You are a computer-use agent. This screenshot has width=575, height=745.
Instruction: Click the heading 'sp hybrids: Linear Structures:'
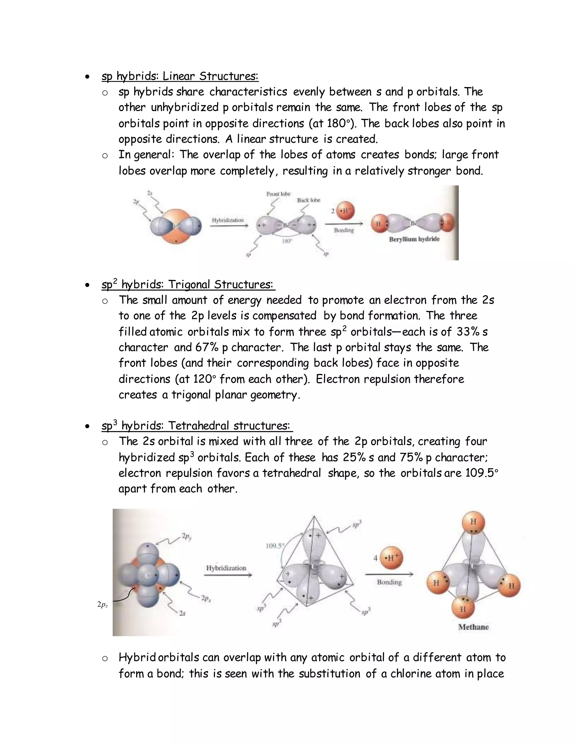[180, 76]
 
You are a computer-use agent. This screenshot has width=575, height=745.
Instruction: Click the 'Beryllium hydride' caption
[414, 239]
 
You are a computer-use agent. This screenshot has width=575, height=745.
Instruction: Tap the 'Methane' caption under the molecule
[473, 627]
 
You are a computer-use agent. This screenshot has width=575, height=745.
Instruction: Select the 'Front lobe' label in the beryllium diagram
[278, 194]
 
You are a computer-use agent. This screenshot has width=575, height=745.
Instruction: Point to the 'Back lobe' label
[309, 200]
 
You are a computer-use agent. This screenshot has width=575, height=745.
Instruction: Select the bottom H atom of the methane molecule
[463, 608]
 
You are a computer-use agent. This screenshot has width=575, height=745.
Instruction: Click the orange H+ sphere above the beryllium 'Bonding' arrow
[345, 211]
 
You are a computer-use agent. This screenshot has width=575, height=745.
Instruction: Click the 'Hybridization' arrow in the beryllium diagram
[228, 224]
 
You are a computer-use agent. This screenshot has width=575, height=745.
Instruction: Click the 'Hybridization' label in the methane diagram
[226, 568]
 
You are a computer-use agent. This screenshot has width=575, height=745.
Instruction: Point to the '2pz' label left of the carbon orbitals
[102, 605]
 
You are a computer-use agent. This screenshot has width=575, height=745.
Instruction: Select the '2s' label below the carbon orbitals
[182, 613]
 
